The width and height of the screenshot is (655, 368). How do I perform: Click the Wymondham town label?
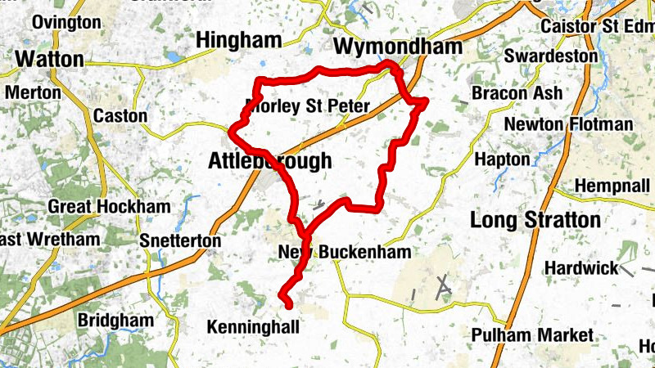[398, 47]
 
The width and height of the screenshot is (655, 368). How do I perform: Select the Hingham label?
[238, 40]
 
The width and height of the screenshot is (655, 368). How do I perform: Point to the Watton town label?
[49, 59]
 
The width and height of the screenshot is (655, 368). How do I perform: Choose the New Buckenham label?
[344, 252]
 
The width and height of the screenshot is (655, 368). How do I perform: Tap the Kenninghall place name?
[253, 327]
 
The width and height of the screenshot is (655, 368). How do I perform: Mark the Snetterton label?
[180, 241]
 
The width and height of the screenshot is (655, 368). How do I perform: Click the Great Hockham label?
[109, 206]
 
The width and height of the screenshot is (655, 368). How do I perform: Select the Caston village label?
[120, 116]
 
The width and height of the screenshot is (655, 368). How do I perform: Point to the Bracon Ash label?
[517, 93]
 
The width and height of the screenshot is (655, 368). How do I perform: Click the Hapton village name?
[503, 159]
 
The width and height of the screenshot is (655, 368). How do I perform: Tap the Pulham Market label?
[532, 335]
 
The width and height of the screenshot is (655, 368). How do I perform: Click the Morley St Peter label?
[308, 106]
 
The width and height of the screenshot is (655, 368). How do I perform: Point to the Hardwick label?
[581, 268]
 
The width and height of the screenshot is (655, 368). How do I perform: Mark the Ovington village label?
[67, 22]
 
